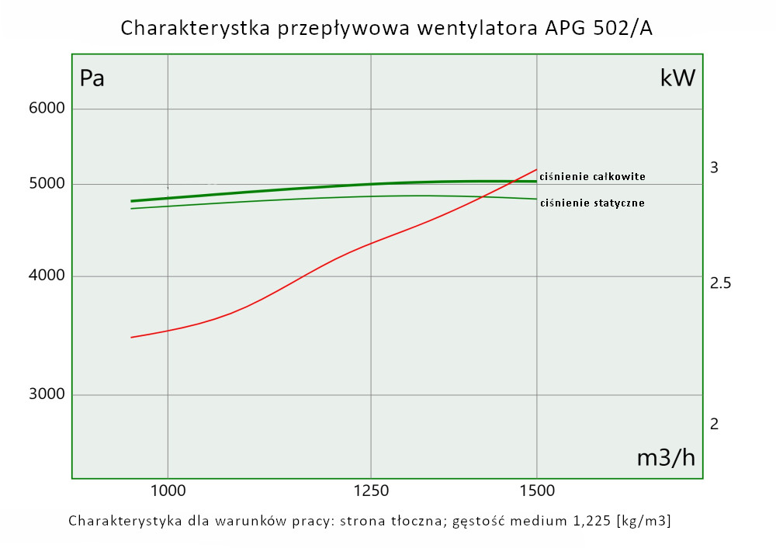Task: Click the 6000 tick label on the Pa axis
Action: (46, 109)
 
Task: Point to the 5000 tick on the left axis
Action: (46, 185)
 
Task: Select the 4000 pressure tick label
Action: (46, 277)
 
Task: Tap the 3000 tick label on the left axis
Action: (46, 395)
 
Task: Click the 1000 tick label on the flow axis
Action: (168, 491)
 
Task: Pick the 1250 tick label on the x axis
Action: (371, 491)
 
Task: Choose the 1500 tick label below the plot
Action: (536, 491)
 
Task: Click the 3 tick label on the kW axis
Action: (715, 168)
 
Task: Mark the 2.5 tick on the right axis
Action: (721, 283)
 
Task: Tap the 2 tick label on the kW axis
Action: (715, 425)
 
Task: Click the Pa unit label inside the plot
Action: (92, 78)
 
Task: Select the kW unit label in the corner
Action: (677, 78)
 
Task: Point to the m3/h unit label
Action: (666, 458)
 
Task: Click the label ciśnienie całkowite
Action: (592, 177)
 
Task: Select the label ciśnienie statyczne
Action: (592, 203)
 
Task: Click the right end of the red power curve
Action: (536, 169)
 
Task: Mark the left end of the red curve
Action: (131, 338)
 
